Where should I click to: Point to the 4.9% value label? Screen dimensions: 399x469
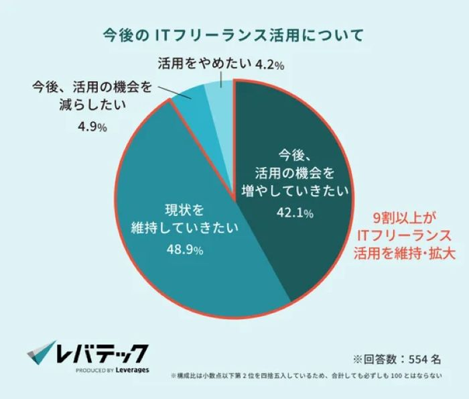click(x=88, y=127)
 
